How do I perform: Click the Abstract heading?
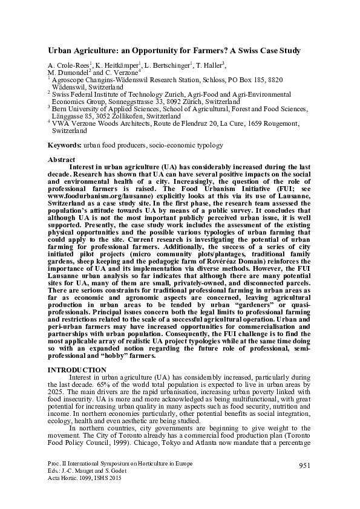(61, 160)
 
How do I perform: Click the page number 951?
(304, 463)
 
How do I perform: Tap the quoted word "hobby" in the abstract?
(139, 356)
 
